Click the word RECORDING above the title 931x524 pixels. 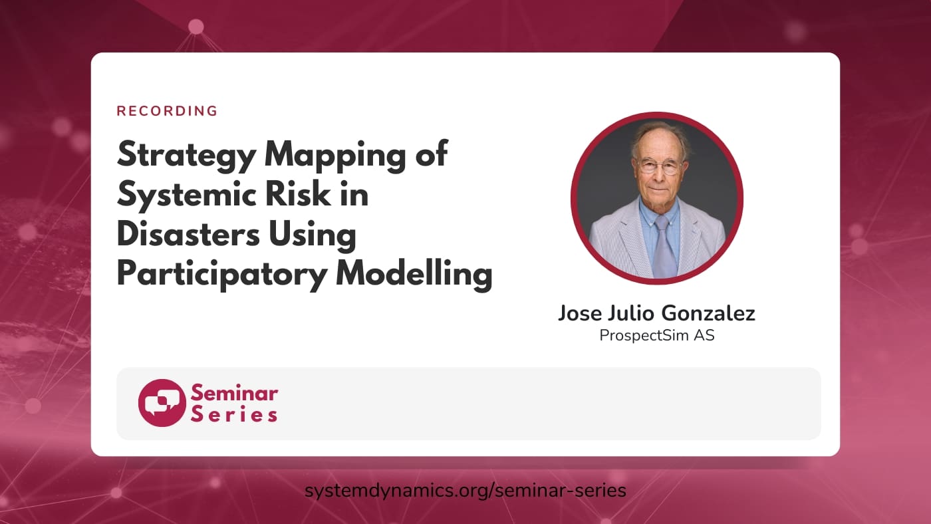tap(167, 111)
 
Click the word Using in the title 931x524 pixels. tap(319, 235)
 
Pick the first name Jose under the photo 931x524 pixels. tap(579, 313)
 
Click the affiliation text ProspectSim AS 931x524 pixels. tap(657, 335)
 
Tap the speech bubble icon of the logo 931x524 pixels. tap(162, 402)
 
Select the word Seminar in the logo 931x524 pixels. tap(234, 393)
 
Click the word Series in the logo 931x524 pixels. tap(234, 414)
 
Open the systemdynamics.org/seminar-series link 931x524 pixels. tap(465, 491)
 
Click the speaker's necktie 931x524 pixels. tap(663, 246)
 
